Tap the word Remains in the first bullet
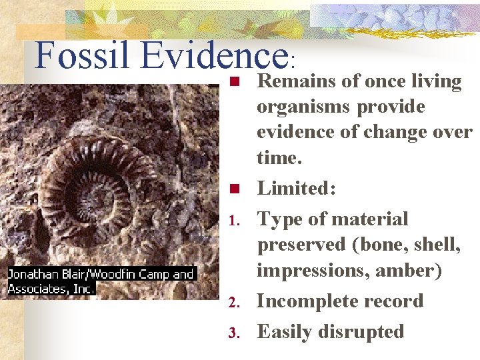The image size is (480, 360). point(294,81)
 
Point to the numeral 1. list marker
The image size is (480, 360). point(234,221)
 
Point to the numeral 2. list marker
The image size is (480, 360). point(234,303)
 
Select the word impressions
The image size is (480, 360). point(307,271)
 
